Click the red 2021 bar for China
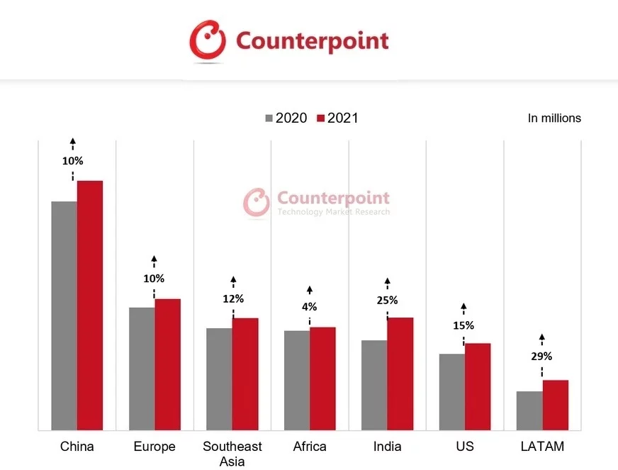click(x=90, y=305)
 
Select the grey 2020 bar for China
click(x=64, y=315)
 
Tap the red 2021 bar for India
click(x=400, y=374)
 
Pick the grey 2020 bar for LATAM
click(x=529, y=410)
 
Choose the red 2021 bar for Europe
click(x=167, y=364)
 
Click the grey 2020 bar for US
click(x=451, y=391)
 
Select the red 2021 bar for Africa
click(x=322, y=379)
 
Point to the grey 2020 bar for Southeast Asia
click(x=219, y=379)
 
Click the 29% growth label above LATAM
click(x=541, y=357)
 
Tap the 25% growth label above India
click(x=387, y=300)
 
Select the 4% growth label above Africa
click(x=309, y=307)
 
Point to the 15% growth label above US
click(x=463, y=325)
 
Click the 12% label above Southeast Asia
click(x=233, y=298)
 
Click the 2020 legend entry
click(x=286, y=118)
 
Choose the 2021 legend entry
click(x=337, y=118)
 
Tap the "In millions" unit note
click(x=554, y=118)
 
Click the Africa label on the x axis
click(x=310, y=447)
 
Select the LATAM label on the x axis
click(x=542, y=447)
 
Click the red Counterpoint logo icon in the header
click(x=208, y=40)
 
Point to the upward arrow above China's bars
click(x=72, y=143)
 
